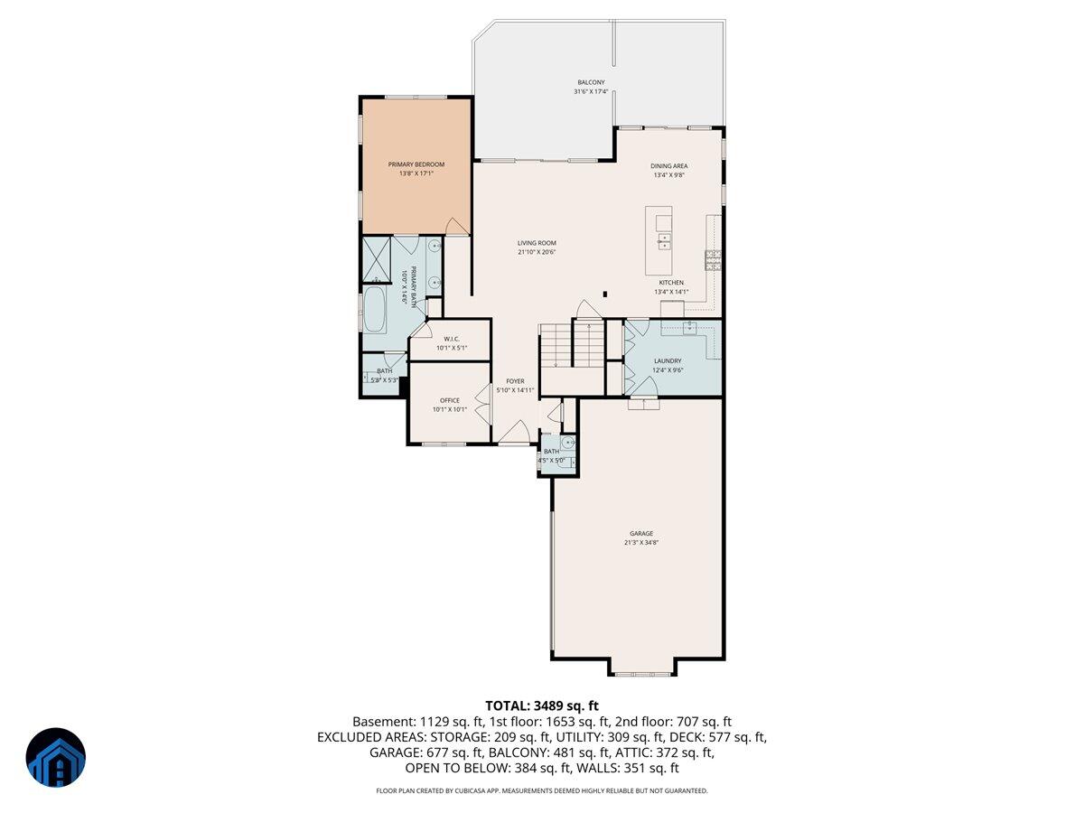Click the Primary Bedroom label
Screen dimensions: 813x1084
point(416,164)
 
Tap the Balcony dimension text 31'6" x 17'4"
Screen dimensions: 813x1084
point(591,92)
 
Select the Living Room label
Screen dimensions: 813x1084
point(537,243)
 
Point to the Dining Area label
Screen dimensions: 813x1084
point(669,166)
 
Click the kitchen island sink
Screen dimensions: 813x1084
point(664,241)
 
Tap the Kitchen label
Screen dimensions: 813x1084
point(671,283)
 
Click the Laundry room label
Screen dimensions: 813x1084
point(668,361)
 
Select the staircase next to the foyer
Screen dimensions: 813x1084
point(572,343)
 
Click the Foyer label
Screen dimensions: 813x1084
point(515,381)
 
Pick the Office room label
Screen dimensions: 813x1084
point(450,400)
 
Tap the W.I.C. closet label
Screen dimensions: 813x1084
point(453,339)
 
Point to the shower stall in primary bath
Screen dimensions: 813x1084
point(376,257)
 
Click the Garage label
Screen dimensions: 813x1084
point(641,533)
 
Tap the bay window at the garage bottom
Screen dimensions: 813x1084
point(640,673)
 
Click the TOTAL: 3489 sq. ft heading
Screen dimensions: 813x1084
point(542,706)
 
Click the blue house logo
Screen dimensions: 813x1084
point(55,758)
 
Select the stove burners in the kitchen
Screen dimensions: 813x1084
point(714,260)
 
